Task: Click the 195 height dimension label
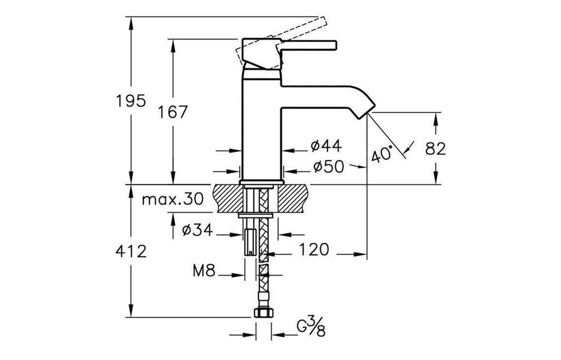click(x=131, y=101)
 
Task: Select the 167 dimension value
click(x=173, y=112)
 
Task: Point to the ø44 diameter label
click(x=325, y=146)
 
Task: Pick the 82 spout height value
click(x=436, y=148)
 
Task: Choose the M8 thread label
click(x=204, y=270)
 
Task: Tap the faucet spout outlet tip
click(x=365, y=110)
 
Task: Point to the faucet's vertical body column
click(x=261, y=126)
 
